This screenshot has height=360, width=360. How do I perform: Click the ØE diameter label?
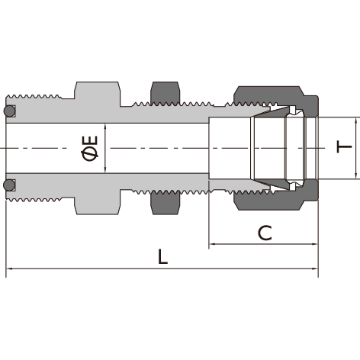[x=90, y=148]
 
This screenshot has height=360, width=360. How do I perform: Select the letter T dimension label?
[x=344, y=146]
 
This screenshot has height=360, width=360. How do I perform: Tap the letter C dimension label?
[x=265, y=233]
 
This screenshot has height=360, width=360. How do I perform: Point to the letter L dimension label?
[x=162, y=256]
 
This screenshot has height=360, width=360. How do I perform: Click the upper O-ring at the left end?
[x=9, y=111]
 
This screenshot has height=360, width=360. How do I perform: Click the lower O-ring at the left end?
[x=9, y=185]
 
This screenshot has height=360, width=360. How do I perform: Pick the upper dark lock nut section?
[x=166, y=93]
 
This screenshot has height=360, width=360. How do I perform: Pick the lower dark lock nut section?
[x=166, y=204]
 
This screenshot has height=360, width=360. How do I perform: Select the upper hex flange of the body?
[x=97, y=94]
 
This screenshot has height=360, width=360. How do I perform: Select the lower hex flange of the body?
[x=97, y=202]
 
